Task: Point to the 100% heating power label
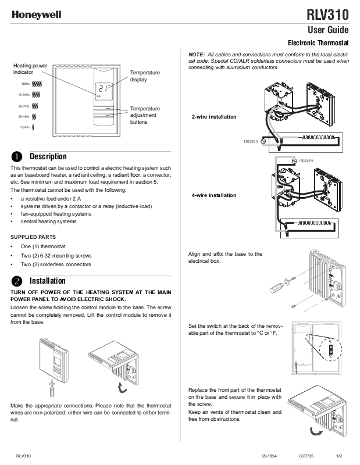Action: (x=26, y=84)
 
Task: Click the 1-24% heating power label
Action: (x=25, y=127)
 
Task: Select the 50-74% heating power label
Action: (x=24, y=106)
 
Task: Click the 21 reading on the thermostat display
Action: (x=103, y=89)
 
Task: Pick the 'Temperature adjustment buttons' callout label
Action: (x=145, y=116)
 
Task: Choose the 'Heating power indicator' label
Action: (x=30, y=69)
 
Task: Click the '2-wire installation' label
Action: (x=214, y=117)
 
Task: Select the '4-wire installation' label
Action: (x=214, y=195)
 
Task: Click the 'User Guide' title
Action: (x=328, y=30)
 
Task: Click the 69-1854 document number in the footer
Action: (x=269, y=456)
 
